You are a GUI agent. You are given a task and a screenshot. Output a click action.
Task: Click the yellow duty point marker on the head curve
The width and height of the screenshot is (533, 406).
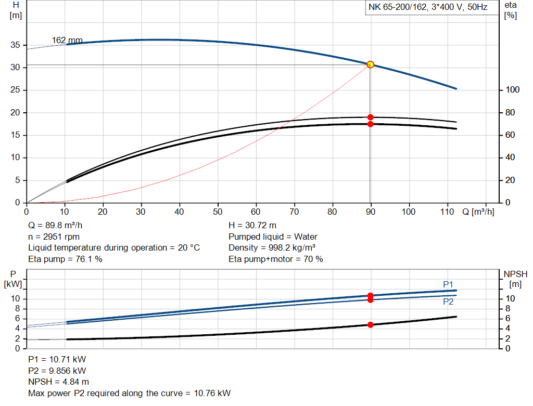click(x=370, y=64)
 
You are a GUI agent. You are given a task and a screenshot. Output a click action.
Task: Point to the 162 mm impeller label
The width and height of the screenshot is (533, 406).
click(x=67, y=40)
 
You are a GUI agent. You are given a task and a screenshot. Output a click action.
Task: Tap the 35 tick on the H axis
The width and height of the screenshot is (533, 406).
click(x=15, y=45)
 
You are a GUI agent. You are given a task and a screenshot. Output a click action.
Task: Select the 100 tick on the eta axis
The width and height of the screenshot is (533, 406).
click(x=512, y=90)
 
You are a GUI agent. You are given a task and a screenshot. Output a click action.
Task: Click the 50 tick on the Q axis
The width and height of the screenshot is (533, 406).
click(x=218, y=212)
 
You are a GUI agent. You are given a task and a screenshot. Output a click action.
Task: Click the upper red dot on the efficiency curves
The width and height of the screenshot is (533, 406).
click(x=370, y=117)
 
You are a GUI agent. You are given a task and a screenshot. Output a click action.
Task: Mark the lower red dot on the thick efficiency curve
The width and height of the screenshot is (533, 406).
click(x=370, y=124)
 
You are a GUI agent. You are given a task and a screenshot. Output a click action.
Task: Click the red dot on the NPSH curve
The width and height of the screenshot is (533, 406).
click(x=370, y=324)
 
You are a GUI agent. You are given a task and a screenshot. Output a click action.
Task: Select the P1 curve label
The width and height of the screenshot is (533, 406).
click(x=448, y=284)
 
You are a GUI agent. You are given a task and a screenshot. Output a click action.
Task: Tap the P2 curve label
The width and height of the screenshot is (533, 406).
click(x=448, y=302)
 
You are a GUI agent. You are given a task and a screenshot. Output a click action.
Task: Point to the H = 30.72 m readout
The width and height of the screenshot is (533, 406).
click(x=252, y=226)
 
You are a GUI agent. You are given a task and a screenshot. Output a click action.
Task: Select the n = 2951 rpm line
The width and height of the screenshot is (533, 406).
click(x=56, y=237)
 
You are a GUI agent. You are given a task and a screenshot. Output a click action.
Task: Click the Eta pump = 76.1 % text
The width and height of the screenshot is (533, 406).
click(x=65, y=259)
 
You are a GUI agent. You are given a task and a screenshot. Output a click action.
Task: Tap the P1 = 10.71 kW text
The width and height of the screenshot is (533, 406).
click(x=57, y=359)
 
